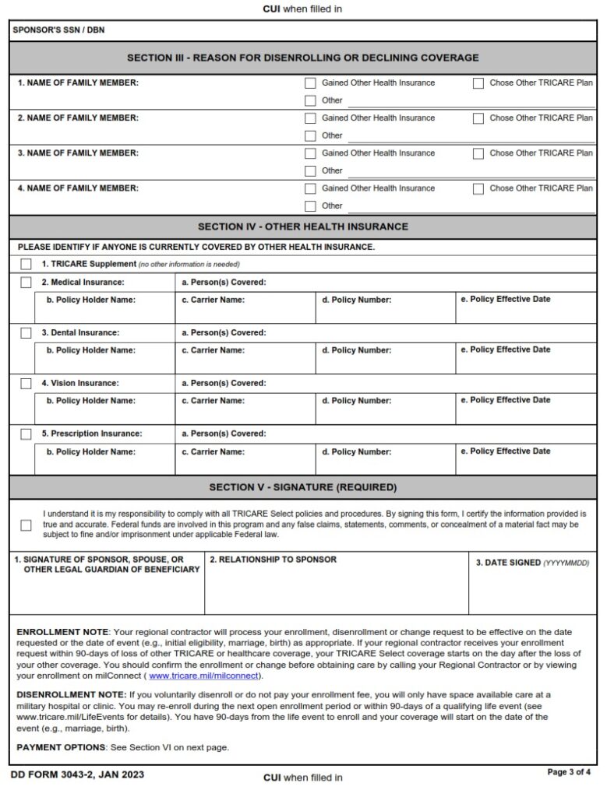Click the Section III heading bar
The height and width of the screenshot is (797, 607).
pos(303,58)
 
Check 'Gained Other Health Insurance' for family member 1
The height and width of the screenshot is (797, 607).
pos(310,83)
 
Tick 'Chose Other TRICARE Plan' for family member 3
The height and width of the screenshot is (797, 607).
pos(478,153)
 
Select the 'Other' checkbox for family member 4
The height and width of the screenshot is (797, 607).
pos(310,206)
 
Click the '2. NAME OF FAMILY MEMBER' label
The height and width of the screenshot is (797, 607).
pos(78,118)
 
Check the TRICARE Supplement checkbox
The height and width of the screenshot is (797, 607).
pos(26,265)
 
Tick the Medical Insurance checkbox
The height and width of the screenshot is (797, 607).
pos(26,283)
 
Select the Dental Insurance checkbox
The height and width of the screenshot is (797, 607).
pos(26,333)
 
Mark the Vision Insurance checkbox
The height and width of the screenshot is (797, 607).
pos(26,384)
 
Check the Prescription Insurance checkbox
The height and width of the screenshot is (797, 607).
pos(26,434)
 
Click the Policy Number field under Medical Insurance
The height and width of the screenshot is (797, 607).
pos(385,311)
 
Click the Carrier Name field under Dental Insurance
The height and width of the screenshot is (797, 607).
pos(245,362)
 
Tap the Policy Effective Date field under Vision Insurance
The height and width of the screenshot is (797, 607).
pos(526,413)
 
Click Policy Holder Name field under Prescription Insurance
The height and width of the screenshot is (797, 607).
pos(104,463)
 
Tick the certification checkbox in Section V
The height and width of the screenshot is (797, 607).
pos(26,525)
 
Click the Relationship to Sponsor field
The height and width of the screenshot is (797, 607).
pos(336,588)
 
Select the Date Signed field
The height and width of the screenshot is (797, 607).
pos(532,588)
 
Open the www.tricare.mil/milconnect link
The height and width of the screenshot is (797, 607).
pos(205,676)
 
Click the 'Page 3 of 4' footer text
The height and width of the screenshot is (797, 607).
pos(570,772)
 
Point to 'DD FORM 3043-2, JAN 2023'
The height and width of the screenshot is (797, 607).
pos(77,775)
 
